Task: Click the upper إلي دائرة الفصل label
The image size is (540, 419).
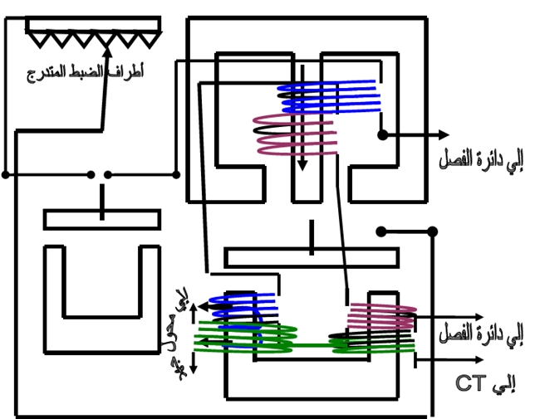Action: [x=481, y=158]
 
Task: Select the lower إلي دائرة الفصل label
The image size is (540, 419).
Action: [x=481, y=334]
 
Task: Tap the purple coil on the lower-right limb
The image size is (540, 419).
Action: [x=380, y=315]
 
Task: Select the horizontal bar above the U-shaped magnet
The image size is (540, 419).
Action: [x=101, y=219]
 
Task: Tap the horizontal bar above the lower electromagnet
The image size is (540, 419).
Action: [x=312, y=257]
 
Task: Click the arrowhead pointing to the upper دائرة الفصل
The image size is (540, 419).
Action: [x=444, y=134]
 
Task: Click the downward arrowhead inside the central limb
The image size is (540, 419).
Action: [x=302, y=164]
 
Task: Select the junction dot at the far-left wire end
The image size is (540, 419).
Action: [x=6, y=175]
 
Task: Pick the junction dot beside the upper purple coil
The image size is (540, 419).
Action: [x=381, y=134]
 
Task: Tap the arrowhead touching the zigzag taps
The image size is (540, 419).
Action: [x=108, y=37]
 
